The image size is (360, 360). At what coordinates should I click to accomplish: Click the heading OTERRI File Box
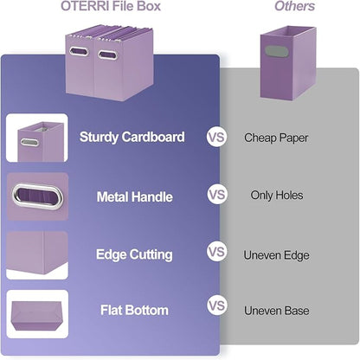[x=110, y=7]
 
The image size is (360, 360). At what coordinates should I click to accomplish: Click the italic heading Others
[x=294, y=7]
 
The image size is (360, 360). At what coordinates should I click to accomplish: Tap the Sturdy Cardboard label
[x=132, y=137]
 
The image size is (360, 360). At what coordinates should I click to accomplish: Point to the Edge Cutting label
[x=133, y=254]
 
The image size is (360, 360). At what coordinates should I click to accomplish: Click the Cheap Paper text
[x=276, y=137]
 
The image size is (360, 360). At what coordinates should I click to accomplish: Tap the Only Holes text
[x=277, y=196]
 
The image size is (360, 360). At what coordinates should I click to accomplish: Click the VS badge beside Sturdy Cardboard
[x=216, y=137]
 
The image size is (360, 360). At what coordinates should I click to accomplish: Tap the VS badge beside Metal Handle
[x=216, y=196]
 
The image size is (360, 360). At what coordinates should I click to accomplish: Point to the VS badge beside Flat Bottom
[x=216, y=306]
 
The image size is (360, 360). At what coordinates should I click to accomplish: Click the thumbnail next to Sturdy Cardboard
[x=37, y=138]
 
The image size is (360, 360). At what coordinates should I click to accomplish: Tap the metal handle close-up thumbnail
[x=37, y=196]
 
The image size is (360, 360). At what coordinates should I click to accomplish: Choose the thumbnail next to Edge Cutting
[x=37, y=254]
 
